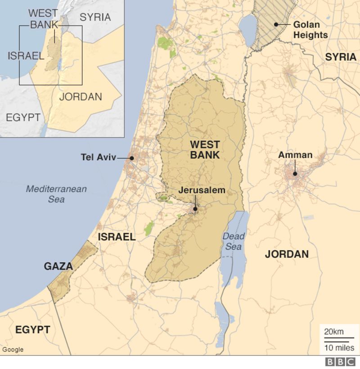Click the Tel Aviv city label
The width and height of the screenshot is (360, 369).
(98, 157)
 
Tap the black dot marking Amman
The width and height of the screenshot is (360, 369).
(295, 174)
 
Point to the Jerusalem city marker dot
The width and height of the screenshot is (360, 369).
(195, 209)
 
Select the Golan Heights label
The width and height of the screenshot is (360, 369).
(310, 29)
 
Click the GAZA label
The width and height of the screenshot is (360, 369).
(58, 266)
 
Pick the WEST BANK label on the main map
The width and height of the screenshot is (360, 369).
(205, 150)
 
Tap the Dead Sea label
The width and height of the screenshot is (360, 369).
(234, 241)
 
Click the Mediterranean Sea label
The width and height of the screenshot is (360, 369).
(56, 193)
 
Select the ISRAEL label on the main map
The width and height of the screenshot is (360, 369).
(117, 237)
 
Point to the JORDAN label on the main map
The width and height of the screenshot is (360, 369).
(287, 254)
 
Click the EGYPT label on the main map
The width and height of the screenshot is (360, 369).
(32, 330)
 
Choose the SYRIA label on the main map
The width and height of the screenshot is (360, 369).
(341, 57)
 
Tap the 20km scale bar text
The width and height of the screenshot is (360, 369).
(334, 332)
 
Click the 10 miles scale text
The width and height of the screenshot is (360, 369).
(339, 348)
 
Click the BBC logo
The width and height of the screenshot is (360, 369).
(340, 362)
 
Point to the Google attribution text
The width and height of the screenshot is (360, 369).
(13, 350)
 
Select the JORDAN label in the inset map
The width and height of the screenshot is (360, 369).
(81, 97)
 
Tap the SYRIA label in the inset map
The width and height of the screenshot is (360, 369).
(95, 17)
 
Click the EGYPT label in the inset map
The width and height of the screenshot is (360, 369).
(23, 117)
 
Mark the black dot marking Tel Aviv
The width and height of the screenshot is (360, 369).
(131, 158)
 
